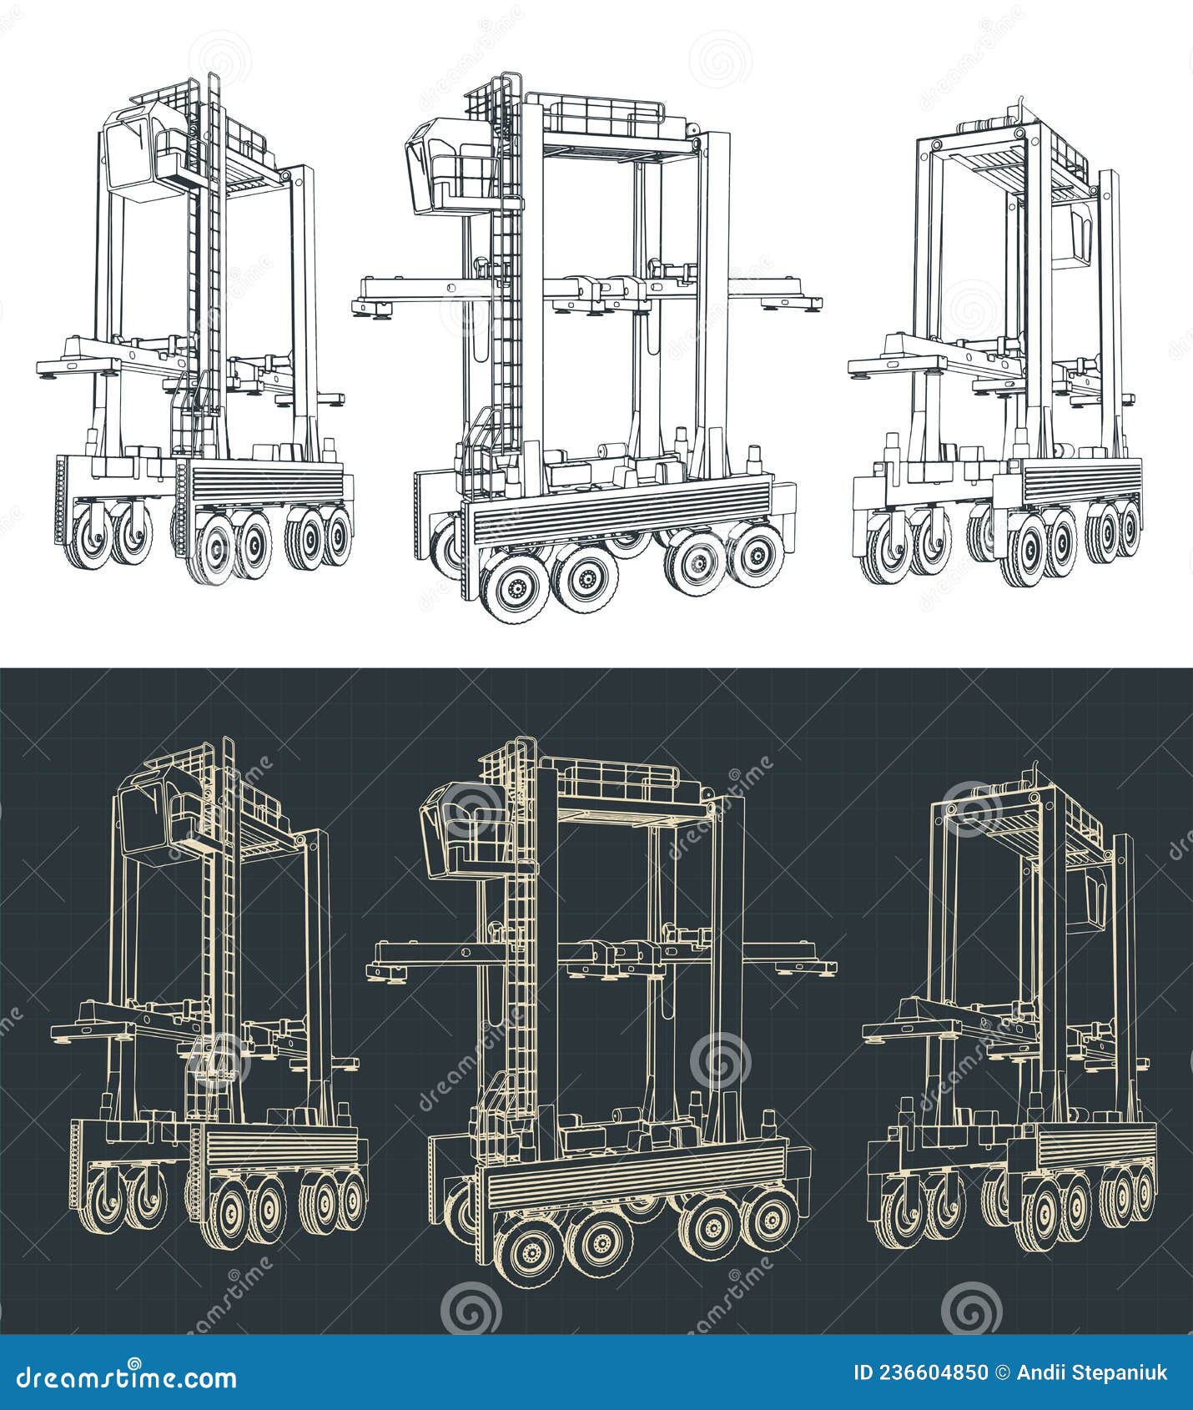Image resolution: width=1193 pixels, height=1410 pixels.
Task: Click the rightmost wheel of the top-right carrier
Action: (x=1127, y=528)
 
